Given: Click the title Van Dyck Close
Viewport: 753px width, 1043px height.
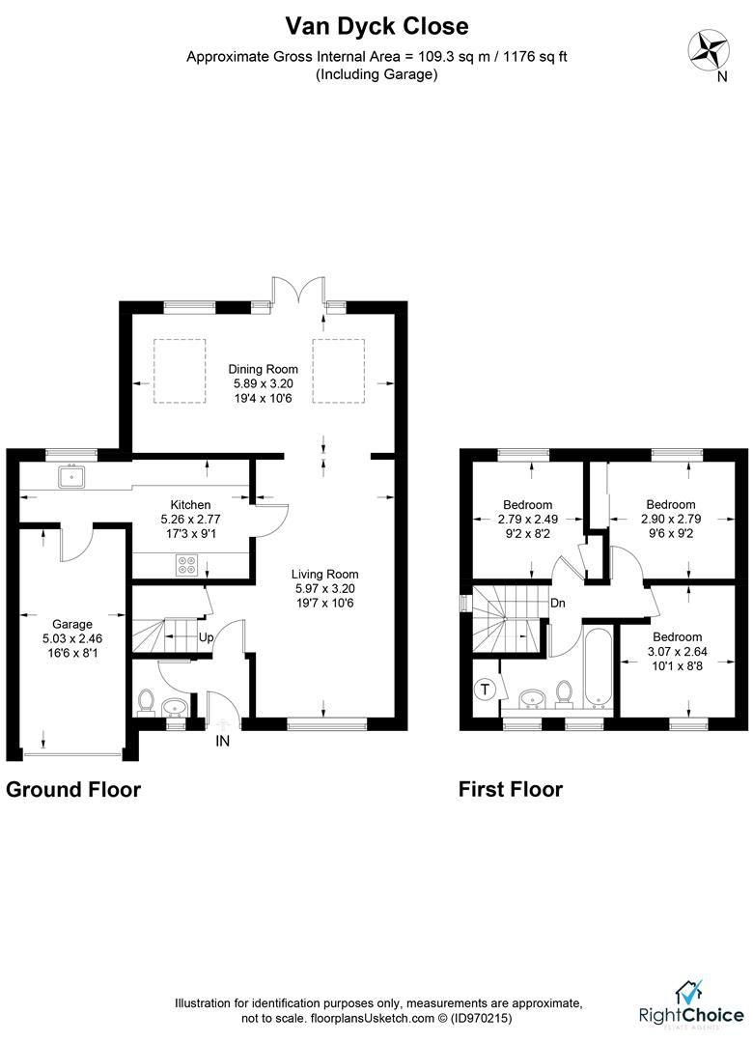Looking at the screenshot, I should pyautogui.click(x=376, y=25).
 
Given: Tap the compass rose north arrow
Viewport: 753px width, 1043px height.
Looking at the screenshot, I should pyautogui.click(x=710, y=49).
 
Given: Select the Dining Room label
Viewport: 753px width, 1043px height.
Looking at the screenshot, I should pyautogui.click(x=263, y=369).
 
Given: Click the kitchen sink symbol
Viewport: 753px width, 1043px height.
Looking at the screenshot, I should pyautogui.click(x=71, y=475).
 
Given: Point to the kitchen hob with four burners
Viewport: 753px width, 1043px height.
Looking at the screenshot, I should pyautogui.click(x=187, y=567).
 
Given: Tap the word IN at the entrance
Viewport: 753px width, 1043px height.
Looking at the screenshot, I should pyautogui.click(x=223, y=742).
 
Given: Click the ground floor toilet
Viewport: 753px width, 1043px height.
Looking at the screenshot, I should pyautogui.click(x=147, y=700).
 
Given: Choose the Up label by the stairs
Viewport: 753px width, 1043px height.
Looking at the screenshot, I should pyautogui.click(x=206, y=638).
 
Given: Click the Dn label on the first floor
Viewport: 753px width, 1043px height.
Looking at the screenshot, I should pyautogui.click(x=558, y=604).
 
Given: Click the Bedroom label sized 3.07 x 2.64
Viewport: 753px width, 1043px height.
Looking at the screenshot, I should pyautogui.click(x=677, y=636).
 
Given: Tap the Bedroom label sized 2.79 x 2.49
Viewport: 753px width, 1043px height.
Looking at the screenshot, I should pyautogui.click(x=528, y=504).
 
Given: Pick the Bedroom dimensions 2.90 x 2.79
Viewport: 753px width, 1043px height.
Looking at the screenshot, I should pyautogui.click(x=670, y=518).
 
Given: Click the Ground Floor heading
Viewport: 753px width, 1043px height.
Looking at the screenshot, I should pyautogui.click(x=73, y=789).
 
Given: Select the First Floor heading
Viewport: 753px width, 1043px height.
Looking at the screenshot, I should pyautogui.click(x=510, y=789).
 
